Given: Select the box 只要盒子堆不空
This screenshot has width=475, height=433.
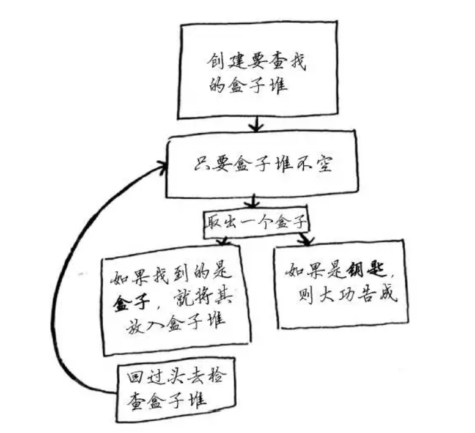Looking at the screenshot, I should pyautogui.click(x=260, y=166).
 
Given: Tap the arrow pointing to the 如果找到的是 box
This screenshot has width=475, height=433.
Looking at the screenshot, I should pyautogui.click(x=222, y=243).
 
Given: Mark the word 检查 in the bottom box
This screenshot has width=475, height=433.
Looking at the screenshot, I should pyautogui.click(x=202, y=382).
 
